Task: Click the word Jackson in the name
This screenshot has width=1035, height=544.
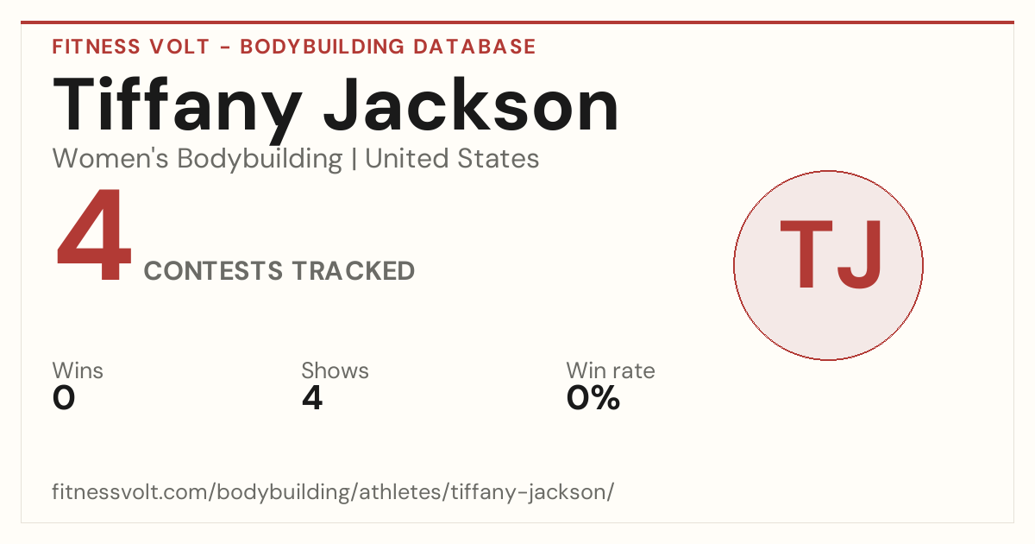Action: (x=471, y=104)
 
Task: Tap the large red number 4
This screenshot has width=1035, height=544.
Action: (x=94, y=235)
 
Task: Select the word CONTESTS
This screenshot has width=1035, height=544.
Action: (x=213, y=270)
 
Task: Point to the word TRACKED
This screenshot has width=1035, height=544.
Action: (x=354, y=270)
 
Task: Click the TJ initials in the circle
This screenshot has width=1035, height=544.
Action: (x=831, y=255)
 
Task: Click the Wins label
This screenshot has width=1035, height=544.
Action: (x=78, y=370)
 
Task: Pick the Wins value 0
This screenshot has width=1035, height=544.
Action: (x=64, y=398)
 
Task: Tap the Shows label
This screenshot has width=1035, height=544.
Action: (x=335, y=370)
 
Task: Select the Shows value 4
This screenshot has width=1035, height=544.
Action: (x=312, y=398)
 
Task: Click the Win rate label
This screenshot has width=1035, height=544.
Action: (x=611, y=370)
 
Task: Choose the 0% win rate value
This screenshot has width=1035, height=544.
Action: (x=593, y=398)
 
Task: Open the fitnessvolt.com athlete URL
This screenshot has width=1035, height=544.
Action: (x=333, y=491)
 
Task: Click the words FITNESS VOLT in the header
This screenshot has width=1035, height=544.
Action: (x=131, y=47)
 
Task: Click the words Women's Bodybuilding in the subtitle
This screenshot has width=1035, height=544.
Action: (x=198, y=159)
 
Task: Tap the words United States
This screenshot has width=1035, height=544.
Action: (x=452, y=159)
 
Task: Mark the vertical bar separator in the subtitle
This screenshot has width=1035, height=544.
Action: (x=354, y=160)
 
